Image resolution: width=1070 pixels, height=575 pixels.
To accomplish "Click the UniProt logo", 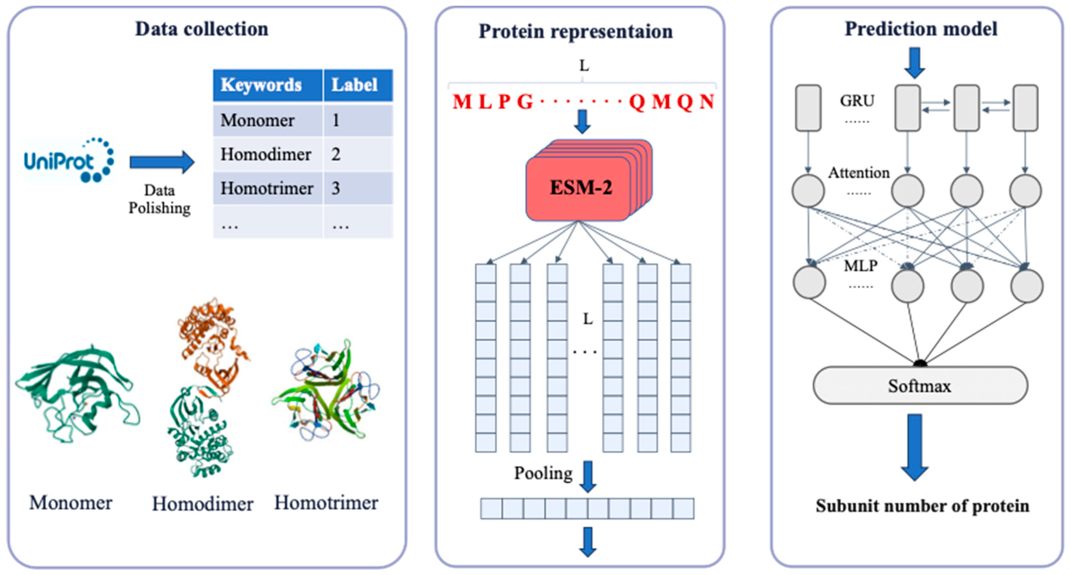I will click(x=69, y=161).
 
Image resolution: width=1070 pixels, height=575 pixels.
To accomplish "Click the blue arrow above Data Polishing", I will click(x=161, y=162).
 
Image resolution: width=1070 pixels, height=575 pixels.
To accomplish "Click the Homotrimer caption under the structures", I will click(x=326, y=503).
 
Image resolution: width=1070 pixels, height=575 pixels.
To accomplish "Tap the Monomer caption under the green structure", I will click(x=71, y=503).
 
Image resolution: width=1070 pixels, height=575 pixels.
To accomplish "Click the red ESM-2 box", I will click(x=581, y=188).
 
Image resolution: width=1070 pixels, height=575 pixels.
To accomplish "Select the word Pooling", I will click(x=543, y=473).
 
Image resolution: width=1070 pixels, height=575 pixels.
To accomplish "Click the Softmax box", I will click(x=919, y=386).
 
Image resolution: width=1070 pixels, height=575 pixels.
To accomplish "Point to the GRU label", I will click(x=857, y=101).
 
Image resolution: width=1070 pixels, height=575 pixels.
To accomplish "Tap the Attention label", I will click(x=859, y=173).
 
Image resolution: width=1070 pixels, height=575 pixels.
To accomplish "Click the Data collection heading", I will click(x=202, y=29).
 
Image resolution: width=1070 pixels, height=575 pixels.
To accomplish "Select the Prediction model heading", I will click(x=921, y=29).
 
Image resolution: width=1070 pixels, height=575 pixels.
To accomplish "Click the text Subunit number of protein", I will click(x=922, y=506).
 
